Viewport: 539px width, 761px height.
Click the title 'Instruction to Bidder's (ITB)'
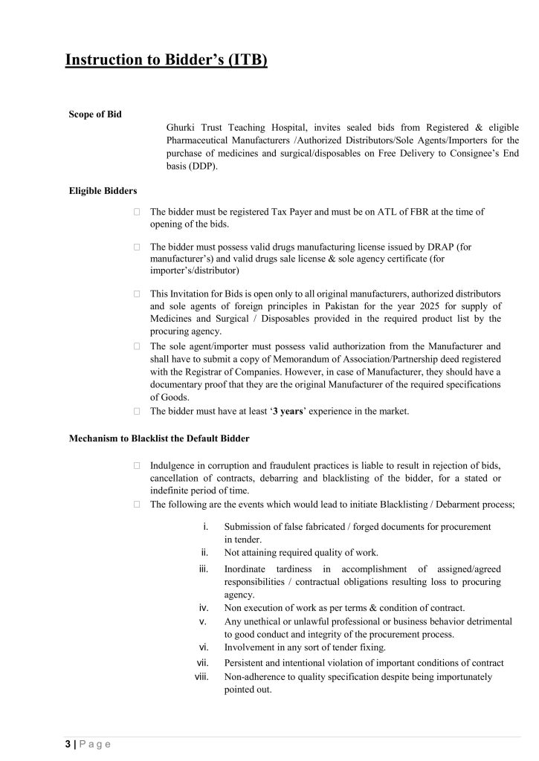(x=166, y=59)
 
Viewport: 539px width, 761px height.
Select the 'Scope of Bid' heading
(x=95, y=114)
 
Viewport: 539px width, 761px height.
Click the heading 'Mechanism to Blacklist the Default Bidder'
(x=159, y=438)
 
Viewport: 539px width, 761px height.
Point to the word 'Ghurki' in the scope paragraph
(x=182, y=127)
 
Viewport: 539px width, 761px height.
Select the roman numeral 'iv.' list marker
(x=202, y=607)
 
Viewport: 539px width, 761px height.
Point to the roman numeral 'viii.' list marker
(x=201, y=676)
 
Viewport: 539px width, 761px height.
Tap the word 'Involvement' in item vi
(x=250, y=648)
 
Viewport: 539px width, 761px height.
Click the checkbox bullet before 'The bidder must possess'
(x=138, y=246)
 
